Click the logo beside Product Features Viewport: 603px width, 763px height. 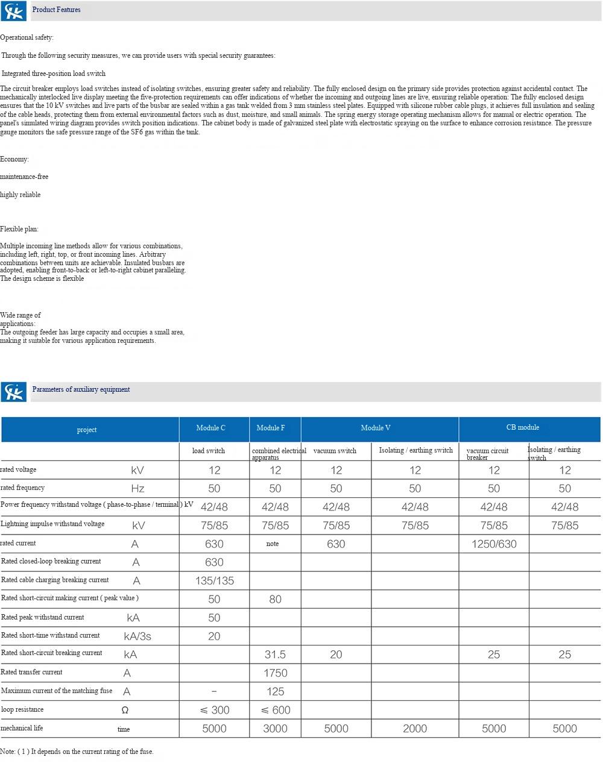13,11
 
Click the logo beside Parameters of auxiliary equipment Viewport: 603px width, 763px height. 13,392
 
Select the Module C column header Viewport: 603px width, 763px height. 211,428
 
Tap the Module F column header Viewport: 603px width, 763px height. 271,428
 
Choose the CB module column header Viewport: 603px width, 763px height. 523,427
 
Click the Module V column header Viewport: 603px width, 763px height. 376,428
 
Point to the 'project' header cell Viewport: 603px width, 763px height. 87,430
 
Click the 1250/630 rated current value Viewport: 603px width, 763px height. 494,544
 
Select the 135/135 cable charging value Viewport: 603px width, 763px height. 215,581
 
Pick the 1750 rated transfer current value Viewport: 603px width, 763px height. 276,673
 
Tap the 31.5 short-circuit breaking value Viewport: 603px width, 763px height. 276,655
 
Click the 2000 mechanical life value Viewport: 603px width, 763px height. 415,729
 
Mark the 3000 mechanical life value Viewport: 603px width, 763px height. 276,729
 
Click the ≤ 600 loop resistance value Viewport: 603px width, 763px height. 276,710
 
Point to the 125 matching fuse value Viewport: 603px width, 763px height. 276,692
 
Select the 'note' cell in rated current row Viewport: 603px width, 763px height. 273,544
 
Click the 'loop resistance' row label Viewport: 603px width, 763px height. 22,709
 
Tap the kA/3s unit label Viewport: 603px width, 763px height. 137,636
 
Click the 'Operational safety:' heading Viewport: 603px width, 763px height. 27,37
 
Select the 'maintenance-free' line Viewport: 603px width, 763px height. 25,177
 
